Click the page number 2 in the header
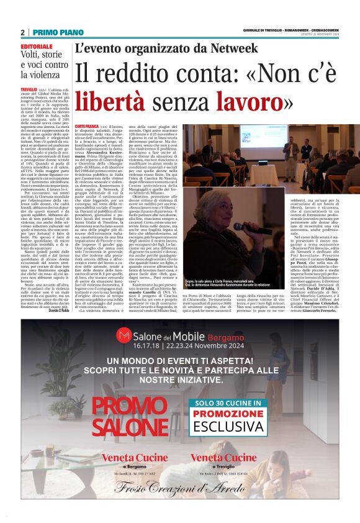(x=22, y=32)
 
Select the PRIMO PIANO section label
(x=58, y=32)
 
